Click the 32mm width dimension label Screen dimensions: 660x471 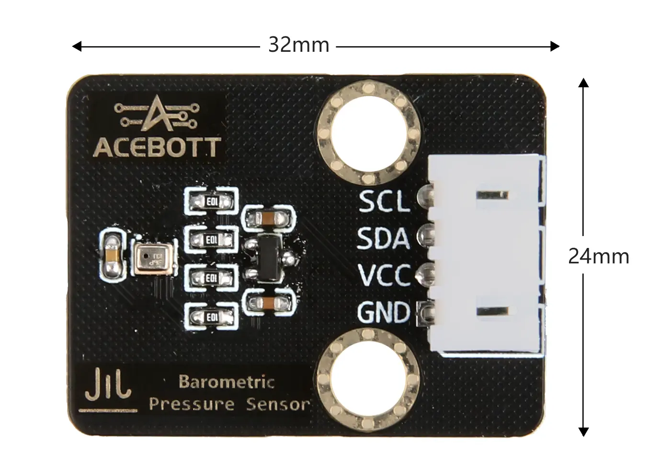[x=298, y=46]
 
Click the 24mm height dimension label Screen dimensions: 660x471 [x=599, y=256]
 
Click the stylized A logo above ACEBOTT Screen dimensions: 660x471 [x=157, y=113]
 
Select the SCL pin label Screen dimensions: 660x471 [x=384, y=201]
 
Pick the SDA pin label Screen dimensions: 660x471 [x=383, y=238]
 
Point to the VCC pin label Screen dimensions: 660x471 [x=384, y=274]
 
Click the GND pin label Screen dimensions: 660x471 [x=383, y=312]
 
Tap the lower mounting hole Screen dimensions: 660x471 [x=368, y=380]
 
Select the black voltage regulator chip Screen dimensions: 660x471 [x=269, y=258]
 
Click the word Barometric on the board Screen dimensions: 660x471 [x=227, y=382]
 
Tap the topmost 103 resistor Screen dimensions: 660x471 [x=211, y=201]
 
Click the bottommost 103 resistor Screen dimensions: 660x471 [x=211, y=317]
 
